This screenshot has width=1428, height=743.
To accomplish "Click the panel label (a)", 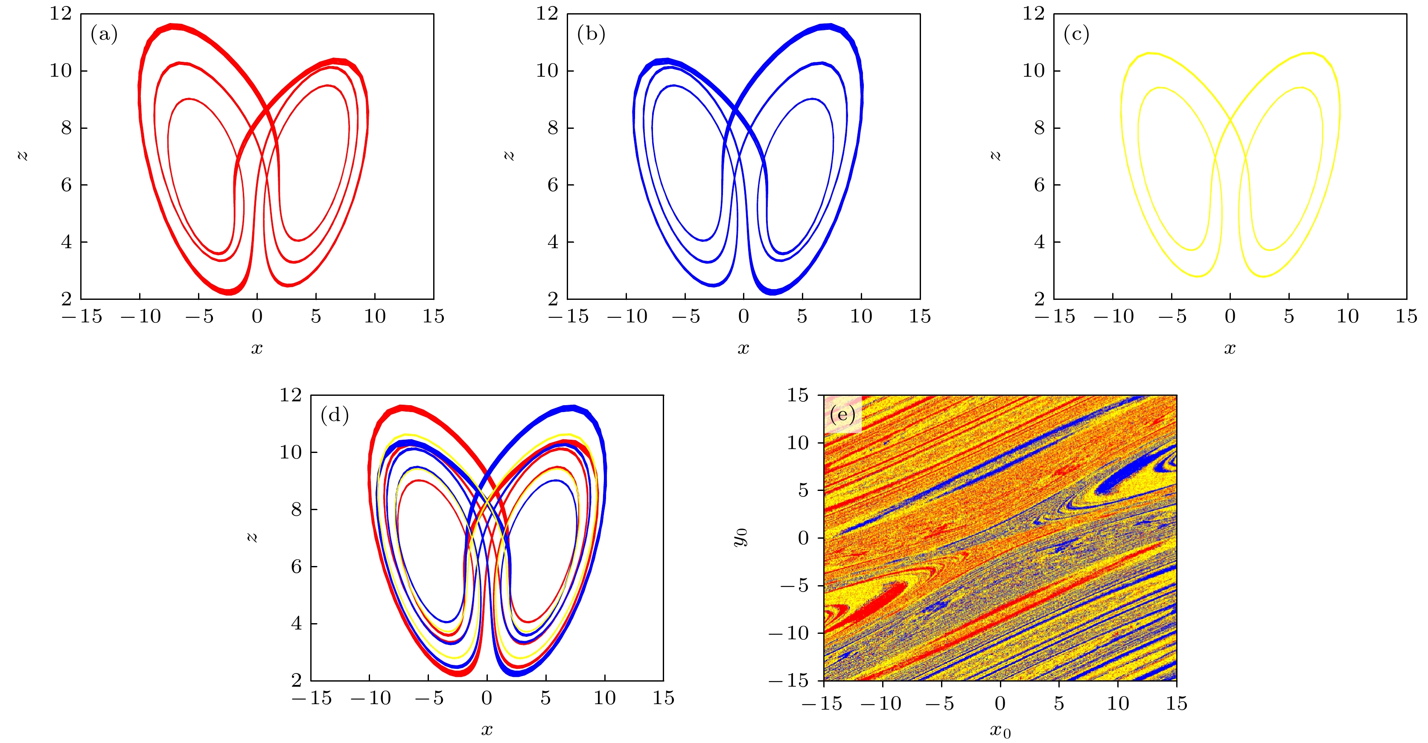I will (104, 35).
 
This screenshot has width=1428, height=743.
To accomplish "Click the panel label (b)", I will (591, 35).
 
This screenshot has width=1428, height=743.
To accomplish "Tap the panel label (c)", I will (1076, 35).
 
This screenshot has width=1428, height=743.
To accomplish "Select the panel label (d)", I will (334, 415).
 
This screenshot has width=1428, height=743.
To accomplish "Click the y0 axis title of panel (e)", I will (740, 537).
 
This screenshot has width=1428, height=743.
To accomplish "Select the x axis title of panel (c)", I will (1230, 348).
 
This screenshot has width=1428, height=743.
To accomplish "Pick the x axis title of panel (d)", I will (487, 730).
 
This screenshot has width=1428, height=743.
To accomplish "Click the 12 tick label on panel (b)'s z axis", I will (547, 14).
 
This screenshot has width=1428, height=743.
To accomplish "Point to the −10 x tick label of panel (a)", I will (141, 317).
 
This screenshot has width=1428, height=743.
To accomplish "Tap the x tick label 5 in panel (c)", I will (1289, 317).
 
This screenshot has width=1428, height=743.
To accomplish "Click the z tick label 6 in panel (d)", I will (297, 567).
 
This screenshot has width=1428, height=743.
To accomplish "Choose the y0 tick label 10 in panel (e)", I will (798, 443).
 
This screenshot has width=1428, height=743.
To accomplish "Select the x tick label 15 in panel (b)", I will (920, 317).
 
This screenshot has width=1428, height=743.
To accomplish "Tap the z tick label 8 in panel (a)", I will (67, 128).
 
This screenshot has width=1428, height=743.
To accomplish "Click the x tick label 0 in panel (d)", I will (487, 698).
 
